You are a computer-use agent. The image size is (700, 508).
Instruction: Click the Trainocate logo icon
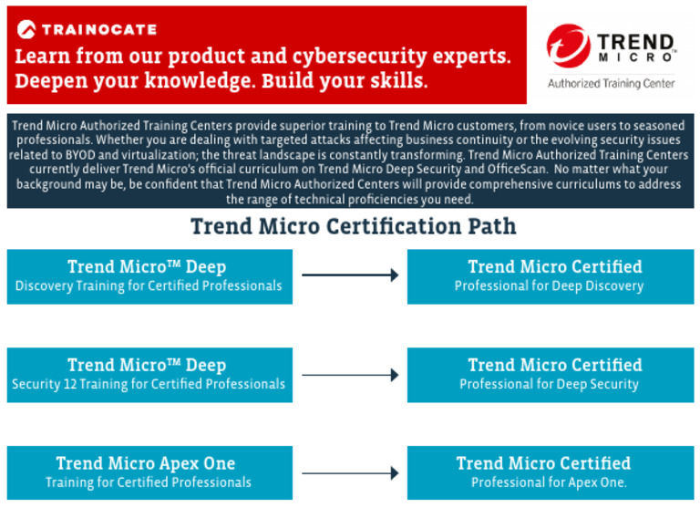(x=26, y=29)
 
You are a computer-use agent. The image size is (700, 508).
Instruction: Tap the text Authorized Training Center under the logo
(x=611, y=83)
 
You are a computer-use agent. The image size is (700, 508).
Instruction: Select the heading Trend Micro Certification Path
(x=353, y=226)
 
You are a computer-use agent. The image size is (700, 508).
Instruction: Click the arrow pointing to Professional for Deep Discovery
(x=350, y=275)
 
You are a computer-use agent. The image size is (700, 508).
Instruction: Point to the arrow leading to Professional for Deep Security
(x=350, y=375)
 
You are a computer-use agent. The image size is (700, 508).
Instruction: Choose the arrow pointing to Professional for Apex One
(x=350, y=472)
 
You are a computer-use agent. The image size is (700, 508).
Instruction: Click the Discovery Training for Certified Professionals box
(x=149, y=276)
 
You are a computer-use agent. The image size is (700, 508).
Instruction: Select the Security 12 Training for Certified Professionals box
(x=149, y=375)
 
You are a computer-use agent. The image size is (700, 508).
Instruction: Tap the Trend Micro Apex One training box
(x=149, y=472)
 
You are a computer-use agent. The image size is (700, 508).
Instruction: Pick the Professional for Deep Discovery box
(x=550, y=276)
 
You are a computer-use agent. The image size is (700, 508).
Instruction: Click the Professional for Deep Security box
(x=550, y=375)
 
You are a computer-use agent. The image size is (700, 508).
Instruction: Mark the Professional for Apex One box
(x=550, y=472)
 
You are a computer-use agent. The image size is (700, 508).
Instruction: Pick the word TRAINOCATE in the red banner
(x=99, y=29)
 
